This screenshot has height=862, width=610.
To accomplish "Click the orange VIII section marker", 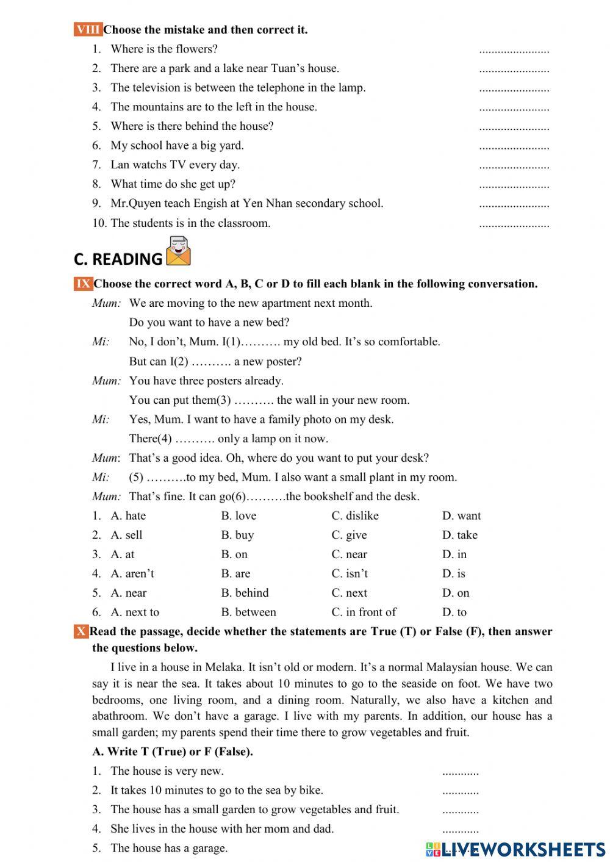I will tap(88, 29).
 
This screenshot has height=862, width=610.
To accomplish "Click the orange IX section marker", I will tap(83, 284).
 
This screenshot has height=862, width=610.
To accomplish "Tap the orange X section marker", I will tap(81, 631).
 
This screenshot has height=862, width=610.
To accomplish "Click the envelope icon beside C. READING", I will tap(178, 251).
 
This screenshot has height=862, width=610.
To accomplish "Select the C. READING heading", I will tap(118, 259).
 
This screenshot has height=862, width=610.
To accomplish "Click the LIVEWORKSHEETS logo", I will tap(515, 849).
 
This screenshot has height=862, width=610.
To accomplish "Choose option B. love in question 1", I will tap(239, 515).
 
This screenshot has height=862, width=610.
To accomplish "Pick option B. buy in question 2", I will tap(237, 535).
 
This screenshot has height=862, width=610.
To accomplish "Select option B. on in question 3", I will tap(234, 554).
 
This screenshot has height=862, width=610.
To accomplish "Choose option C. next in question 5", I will tap(349, 593).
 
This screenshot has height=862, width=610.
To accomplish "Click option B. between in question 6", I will tap(248, 612).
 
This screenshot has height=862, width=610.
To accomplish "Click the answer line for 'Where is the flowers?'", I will tap(514, 51).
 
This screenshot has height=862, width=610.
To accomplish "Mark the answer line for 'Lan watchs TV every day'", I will tap(514, 167).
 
